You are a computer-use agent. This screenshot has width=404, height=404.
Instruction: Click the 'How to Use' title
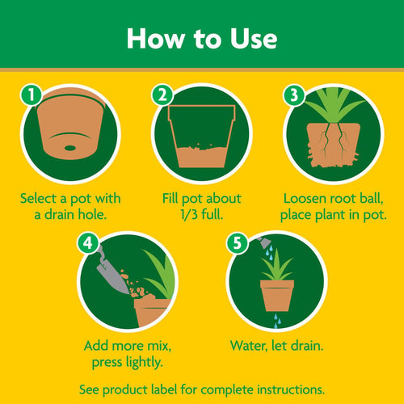(202, 38)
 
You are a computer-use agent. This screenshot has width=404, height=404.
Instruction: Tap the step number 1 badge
(31, 95)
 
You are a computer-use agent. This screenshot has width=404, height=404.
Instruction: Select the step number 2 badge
(162, 95)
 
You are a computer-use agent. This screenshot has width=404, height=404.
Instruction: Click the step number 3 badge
(292, 95)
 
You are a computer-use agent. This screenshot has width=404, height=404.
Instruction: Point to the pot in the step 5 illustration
(276, 296)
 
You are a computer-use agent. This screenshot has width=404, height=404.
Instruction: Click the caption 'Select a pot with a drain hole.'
(70, 205)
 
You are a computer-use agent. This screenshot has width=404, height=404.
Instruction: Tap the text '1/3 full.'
(201, 214)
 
